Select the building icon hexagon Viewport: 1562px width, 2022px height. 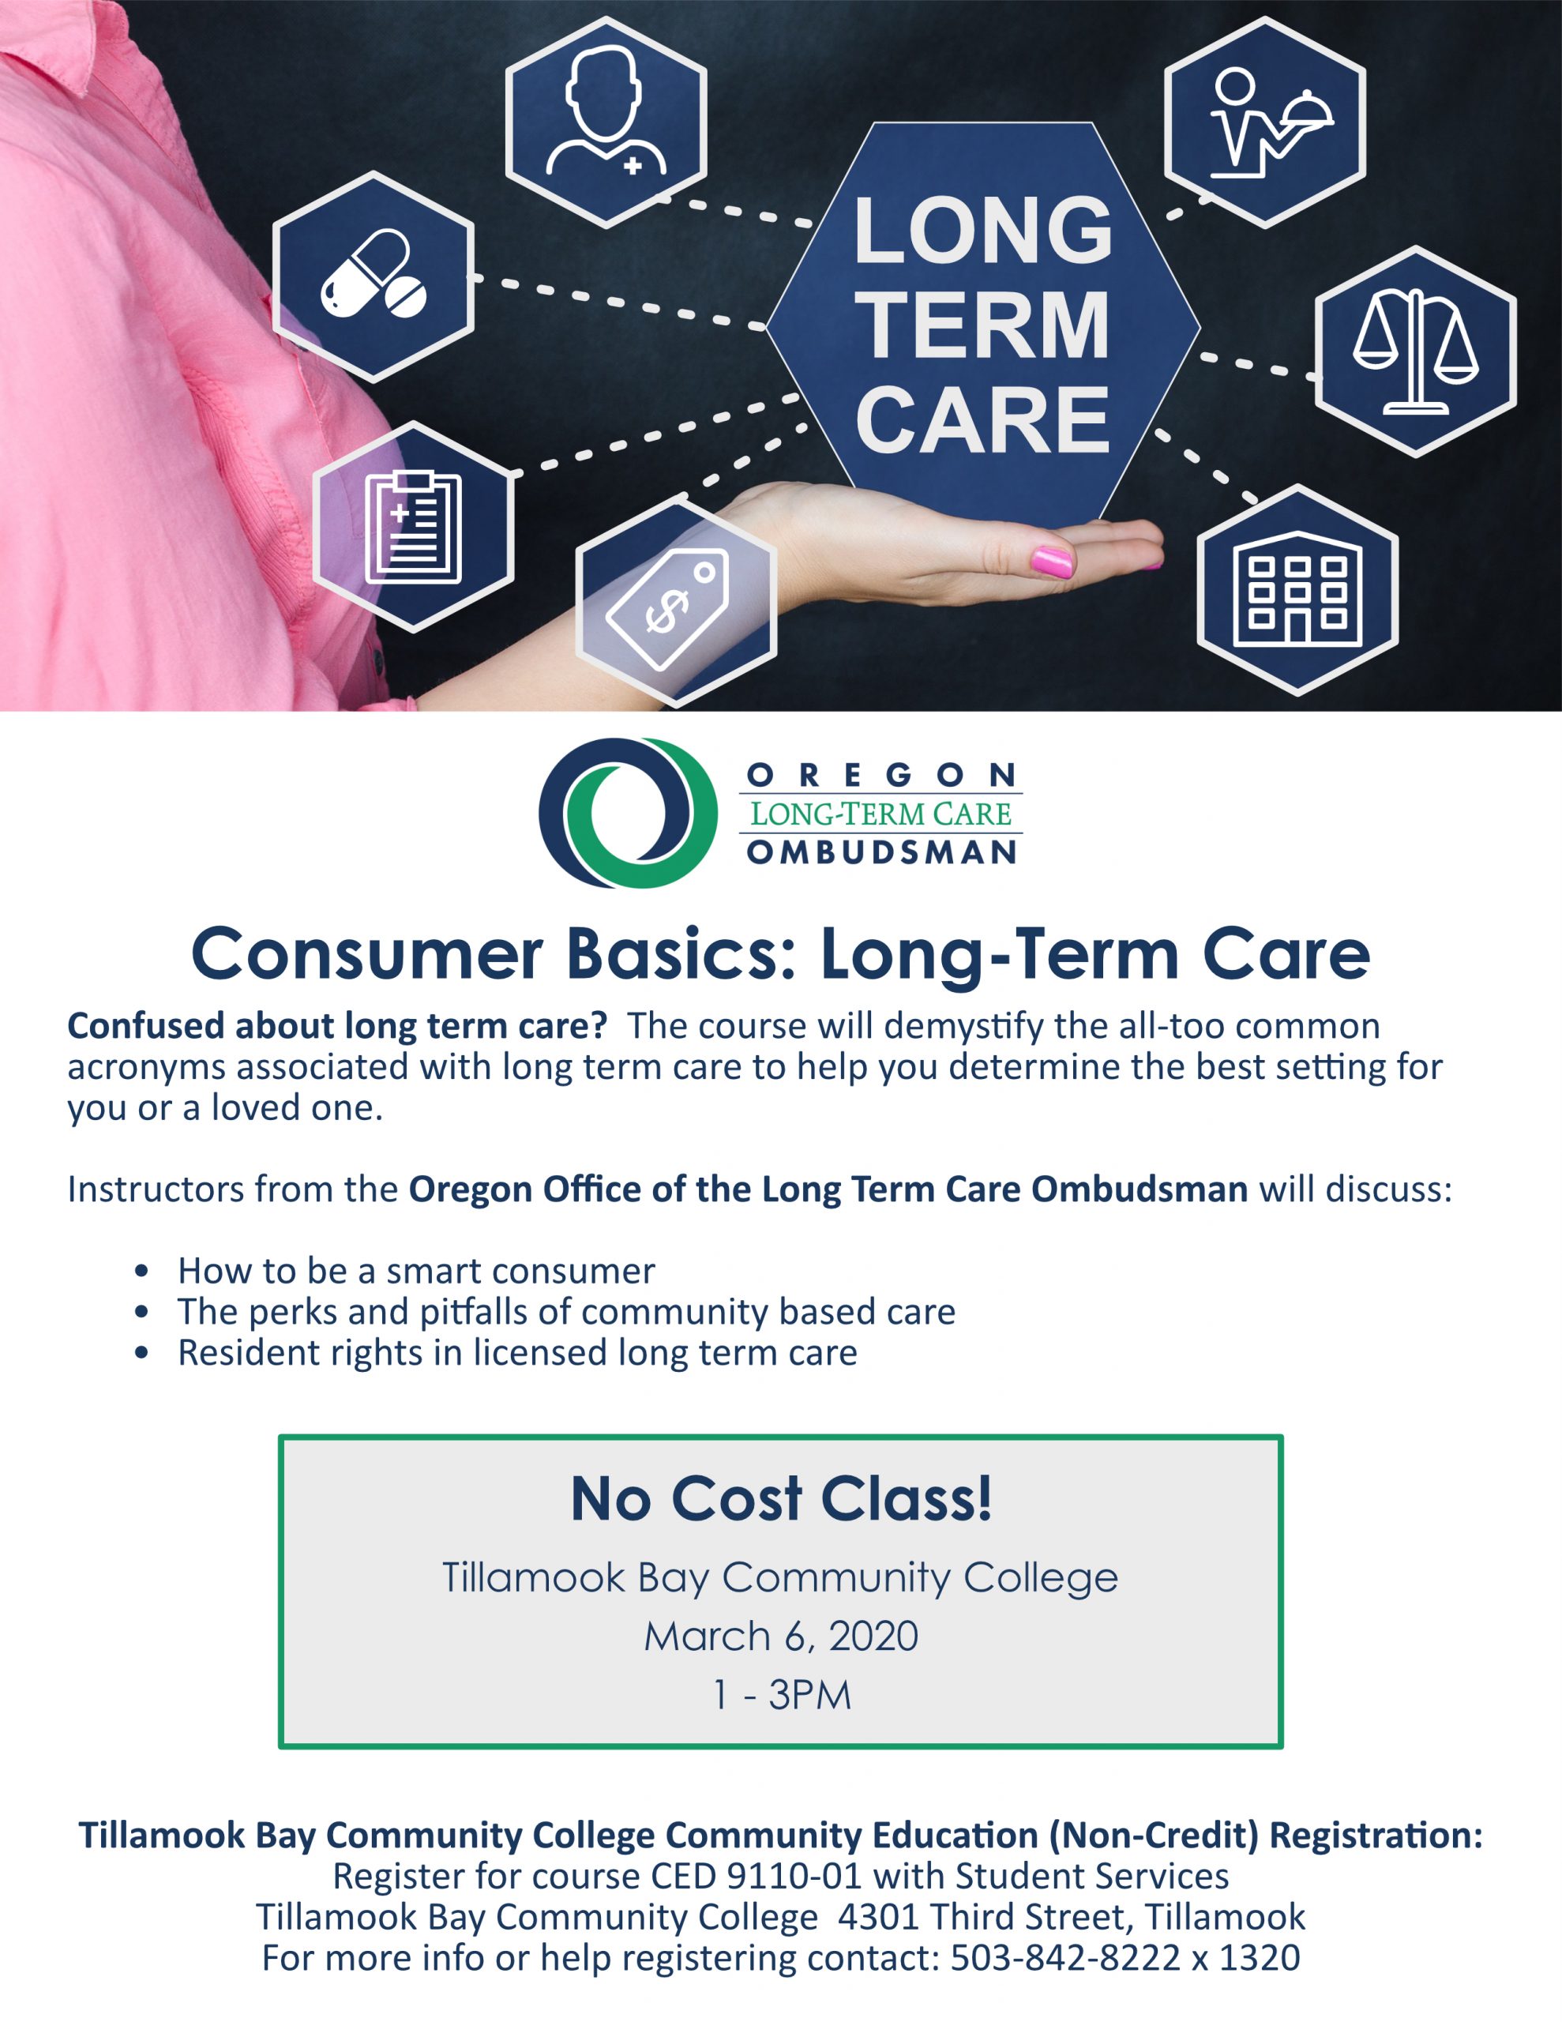click(x=1298, y=590)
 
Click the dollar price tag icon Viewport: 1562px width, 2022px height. click(x=666, y=609)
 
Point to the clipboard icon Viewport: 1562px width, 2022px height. click(x=413, y=527)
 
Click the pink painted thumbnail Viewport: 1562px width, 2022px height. click(x=1052, y=561)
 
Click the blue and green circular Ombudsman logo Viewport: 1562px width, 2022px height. click(x=629, y=812)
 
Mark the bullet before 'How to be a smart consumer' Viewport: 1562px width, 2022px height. click(x=141, y=1271)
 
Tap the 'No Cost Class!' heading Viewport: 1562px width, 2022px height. click(x=782, y=1498)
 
